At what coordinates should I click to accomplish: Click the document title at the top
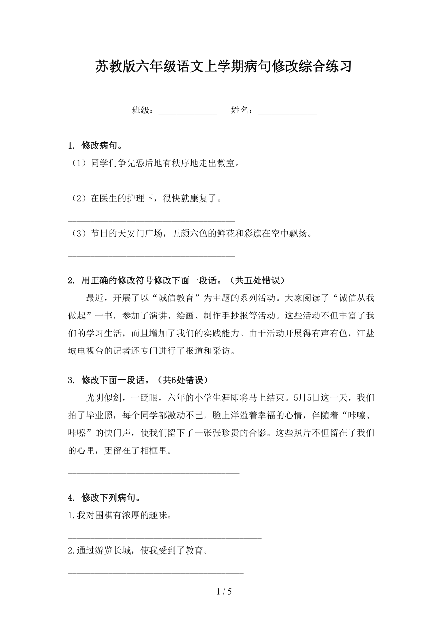coord(224,67)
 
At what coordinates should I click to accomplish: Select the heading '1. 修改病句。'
coord(95,145)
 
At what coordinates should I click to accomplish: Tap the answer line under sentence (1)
coord(151,185)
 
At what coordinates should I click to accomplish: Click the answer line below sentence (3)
coord(151,255)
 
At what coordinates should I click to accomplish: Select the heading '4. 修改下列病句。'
coord(105,498)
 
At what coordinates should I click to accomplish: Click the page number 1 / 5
coord(224,592)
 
